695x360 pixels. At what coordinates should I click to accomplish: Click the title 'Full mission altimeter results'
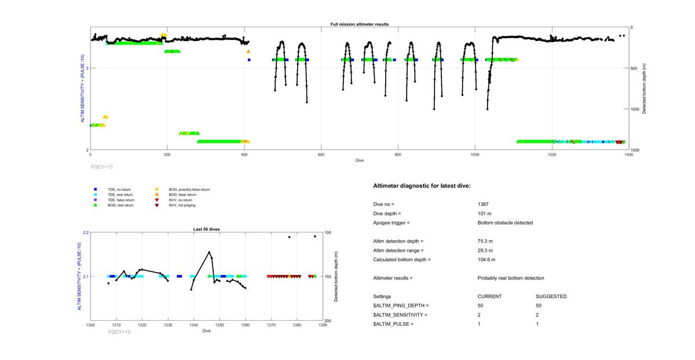(359, 24)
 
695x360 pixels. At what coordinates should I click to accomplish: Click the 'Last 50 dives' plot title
(206, 229)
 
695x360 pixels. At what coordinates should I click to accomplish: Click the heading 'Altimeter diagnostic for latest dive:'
(422, 185)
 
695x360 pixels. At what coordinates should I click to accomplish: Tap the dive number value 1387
(484, 204)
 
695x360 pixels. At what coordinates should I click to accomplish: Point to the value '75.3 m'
(485, 241)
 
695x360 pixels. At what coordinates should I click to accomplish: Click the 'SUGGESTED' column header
(551, 296)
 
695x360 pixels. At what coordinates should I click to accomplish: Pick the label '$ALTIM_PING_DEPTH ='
(401, 306)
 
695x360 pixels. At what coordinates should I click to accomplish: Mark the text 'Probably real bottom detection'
(510, 278)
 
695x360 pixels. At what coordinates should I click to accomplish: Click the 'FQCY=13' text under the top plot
(102, 166)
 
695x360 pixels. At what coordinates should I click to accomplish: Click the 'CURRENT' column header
(489, 296)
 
